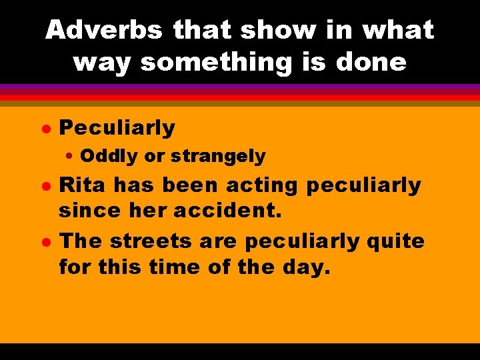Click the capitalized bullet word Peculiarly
click(x=117, y=127)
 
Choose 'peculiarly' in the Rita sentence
click(x=364, y=185)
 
